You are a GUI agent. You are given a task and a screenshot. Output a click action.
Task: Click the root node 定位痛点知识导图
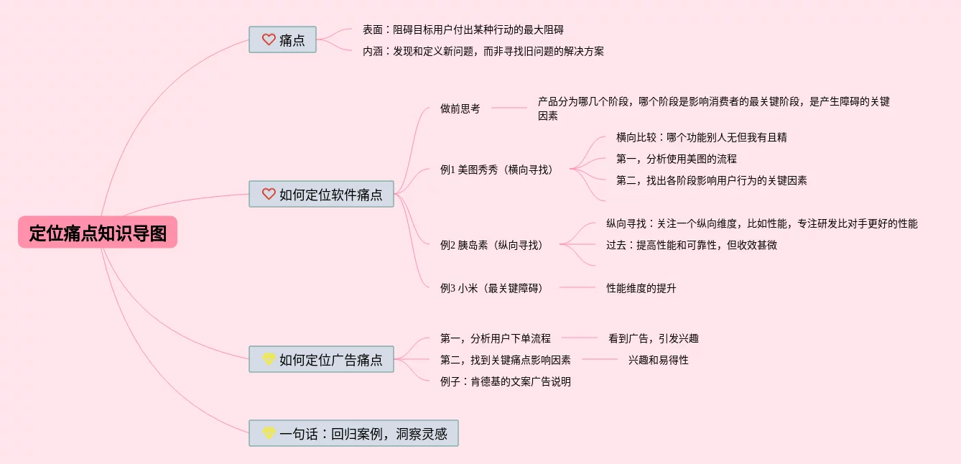98,233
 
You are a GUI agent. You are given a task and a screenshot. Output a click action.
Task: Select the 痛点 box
282,40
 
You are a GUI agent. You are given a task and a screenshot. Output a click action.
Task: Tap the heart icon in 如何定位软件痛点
269,194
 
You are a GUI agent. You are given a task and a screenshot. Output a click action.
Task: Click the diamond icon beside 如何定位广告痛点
269,359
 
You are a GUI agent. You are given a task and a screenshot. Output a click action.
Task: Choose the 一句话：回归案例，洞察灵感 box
353,433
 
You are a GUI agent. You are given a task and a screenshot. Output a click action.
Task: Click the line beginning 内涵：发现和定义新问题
483,51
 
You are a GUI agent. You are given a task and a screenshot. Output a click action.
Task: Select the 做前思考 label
460,108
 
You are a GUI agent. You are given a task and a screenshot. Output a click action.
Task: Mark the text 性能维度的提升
641,288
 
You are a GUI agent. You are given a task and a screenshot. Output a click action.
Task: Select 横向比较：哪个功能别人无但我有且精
701,137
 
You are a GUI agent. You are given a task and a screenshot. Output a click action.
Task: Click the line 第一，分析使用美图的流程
676,159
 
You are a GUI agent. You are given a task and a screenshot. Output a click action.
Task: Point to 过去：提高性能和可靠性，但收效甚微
691,245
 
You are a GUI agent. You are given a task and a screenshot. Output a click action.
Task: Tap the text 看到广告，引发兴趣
653,338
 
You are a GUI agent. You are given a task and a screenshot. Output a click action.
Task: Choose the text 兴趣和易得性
658,360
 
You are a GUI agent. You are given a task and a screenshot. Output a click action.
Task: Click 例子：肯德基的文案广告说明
505,381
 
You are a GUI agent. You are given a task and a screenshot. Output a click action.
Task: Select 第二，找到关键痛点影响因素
505,360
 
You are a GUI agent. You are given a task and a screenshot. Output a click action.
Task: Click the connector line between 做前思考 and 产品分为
509,108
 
